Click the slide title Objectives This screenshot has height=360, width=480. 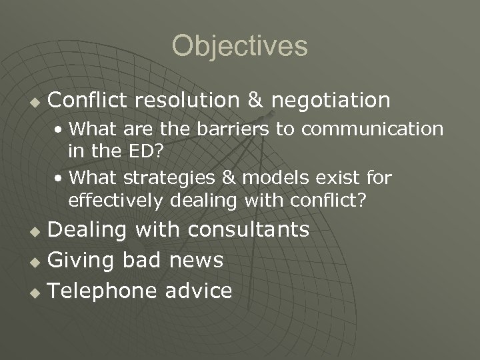(x=240, y=47)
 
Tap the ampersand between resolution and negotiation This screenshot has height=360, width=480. (x=255, y=101)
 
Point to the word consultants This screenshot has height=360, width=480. (x=248, y=230)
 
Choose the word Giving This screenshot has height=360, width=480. (x=82, y=260)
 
